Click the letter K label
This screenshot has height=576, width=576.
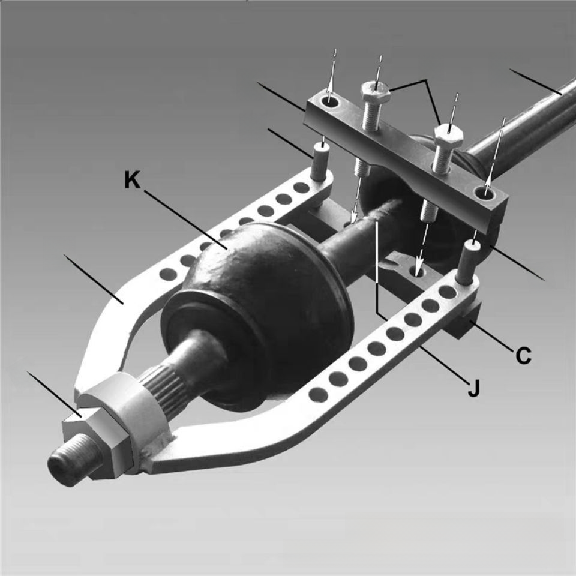click(132, 181)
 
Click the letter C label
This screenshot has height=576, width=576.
click(523, 355)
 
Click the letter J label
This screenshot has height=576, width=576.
click(473, 388)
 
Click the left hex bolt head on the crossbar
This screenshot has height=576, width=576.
click(374, 92)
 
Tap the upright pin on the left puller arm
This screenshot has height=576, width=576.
click(320, 160)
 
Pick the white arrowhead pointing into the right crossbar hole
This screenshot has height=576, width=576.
click(488, 180)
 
